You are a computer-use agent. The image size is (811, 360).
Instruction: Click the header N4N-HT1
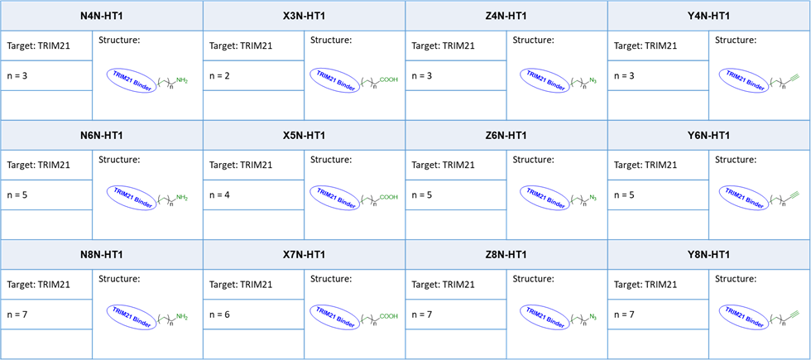coord(101,16)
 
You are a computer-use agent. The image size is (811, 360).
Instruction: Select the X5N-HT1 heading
coord(305,136)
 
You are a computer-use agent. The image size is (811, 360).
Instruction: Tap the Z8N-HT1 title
coord(506,255)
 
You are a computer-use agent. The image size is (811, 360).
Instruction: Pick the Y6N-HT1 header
coord(708,136)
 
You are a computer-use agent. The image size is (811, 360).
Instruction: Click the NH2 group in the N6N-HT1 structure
coord(182,198)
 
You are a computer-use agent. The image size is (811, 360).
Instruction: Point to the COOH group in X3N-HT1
coord(389,79)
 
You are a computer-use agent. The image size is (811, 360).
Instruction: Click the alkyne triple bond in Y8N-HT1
coord(795,313)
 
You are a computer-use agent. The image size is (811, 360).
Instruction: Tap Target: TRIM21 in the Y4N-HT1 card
coord(645,46)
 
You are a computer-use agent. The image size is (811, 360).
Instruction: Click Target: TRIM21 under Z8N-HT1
coord(443,284)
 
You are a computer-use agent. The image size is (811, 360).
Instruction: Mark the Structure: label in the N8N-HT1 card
coord(119,279)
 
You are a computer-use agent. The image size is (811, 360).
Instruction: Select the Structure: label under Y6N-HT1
coord(736,159)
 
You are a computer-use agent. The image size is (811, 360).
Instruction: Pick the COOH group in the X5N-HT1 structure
coord(389,197)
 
